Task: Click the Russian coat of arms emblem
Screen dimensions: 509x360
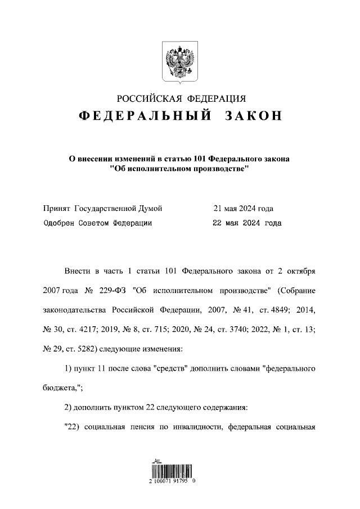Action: (x=179, y=62)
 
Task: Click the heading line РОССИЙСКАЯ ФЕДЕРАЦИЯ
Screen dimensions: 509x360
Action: (x=179, y=99)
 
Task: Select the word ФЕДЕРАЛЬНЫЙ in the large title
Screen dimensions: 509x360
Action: (x=145, y=116)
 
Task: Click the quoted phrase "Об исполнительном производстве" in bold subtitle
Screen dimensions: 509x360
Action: (x=179, y=169)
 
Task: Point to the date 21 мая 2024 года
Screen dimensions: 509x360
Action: (x=243, y=209)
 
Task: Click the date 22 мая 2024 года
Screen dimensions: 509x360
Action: (x=247, y=223)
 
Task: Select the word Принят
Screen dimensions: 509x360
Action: (x=57, y=209)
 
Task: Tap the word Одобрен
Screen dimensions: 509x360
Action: (x=60, y=223)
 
